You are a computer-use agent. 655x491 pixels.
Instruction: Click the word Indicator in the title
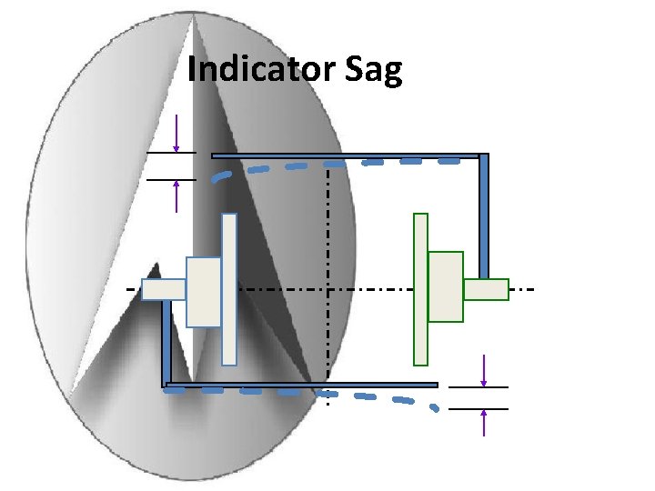262,70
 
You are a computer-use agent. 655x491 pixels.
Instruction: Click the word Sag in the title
374,70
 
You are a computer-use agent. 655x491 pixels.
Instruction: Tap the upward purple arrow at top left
176,195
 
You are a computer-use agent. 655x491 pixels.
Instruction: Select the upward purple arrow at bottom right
483,423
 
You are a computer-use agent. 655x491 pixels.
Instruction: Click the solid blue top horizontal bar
346,155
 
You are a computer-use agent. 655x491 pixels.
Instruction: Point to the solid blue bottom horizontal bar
300,385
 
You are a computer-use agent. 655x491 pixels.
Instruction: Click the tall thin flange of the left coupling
229,289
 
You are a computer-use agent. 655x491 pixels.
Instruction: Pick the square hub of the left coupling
204,291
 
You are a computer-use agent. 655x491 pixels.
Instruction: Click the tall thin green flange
420,289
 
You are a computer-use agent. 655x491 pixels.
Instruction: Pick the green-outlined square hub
446,286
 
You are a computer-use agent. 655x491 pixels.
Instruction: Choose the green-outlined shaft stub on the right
486,289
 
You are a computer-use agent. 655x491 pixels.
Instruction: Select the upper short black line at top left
171,153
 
